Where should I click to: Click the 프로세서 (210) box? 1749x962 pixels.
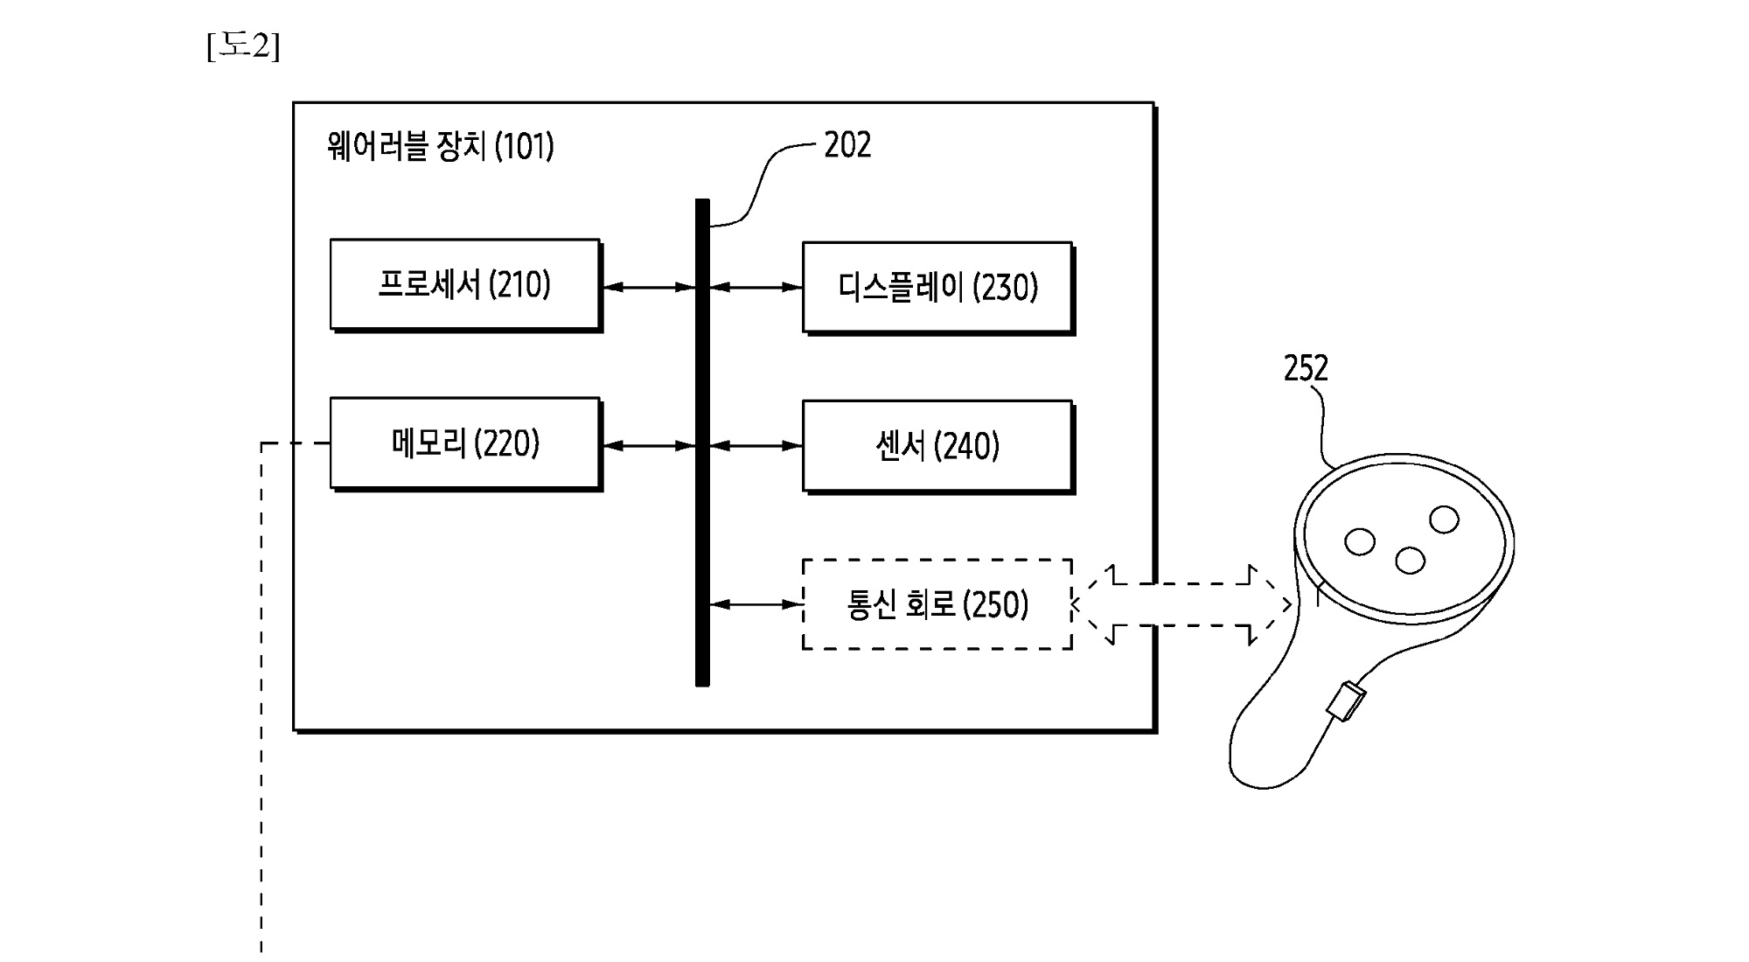coord(464,284)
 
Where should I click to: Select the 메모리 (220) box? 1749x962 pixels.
coord(464,443)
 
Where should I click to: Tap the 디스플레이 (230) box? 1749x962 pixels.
coord(937,287)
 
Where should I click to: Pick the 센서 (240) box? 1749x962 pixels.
coord(937,446)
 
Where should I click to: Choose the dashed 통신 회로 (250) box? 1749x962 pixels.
coord(937,604)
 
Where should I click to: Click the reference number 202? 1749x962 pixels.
coord(847,145)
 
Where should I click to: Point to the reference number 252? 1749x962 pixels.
coord(1306,368)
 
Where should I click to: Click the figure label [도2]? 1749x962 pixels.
coord(243,45)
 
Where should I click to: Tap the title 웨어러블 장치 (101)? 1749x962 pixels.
coord(440,146)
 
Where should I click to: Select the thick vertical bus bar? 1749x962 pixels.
coord(702,442)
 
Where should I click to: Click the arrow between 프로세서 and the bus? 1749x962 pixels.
coord(648,287)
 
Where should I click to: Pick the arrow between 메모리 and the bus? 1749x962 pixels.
coord(648,446)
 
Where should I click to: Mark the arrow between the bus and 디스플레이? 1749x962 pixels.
coord(756,287)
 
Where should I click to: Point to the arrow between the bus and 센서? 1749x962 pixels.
coord(756,446)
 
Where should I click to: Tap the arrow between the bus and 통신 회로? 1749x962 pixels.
coord(756,604)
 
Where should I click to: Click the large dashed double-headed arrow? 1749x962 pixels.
coord(1181,604)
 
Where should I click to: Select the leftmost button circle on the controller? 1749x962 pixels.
coord(1359,541)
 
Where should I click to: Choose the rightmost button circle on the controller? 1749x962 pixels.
coord(1444,519)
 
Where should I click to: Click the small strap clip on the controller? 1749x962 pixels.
coord(1346,701)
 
